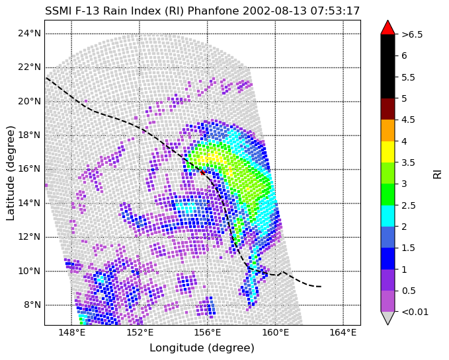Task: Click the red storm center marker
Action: (x=202, y=172)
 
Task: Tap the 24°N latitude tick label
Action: (x=29, y=34)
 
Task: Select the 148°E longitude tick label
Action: (x=71, y=333)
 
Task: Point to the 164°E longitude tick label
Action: (x=343, y=333)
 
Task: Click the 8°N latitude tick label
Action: (x=32, y=305)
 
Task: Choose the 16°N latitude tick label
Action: (x=29, y=169)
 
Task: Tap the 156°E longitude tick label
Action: (x=208, y=333)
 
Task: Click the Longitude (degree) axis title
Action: (x=202, y=348)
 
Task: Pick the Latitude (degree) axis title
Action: (x=11, y=173)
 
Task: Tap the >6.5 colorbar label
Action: (x=412, y=34)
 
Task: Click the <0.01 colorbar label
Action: (x=415, y=312)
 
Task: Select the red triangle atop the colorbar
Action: (x=388, y=28)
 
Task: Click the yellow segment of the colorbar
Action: (x=388, y=152)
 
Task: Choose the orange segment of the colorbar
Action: (x=388, y=130)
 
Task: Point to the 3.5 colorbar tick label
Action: (x=408, y=162)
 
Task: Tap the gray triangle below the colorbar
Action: (x=388, y=318)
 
